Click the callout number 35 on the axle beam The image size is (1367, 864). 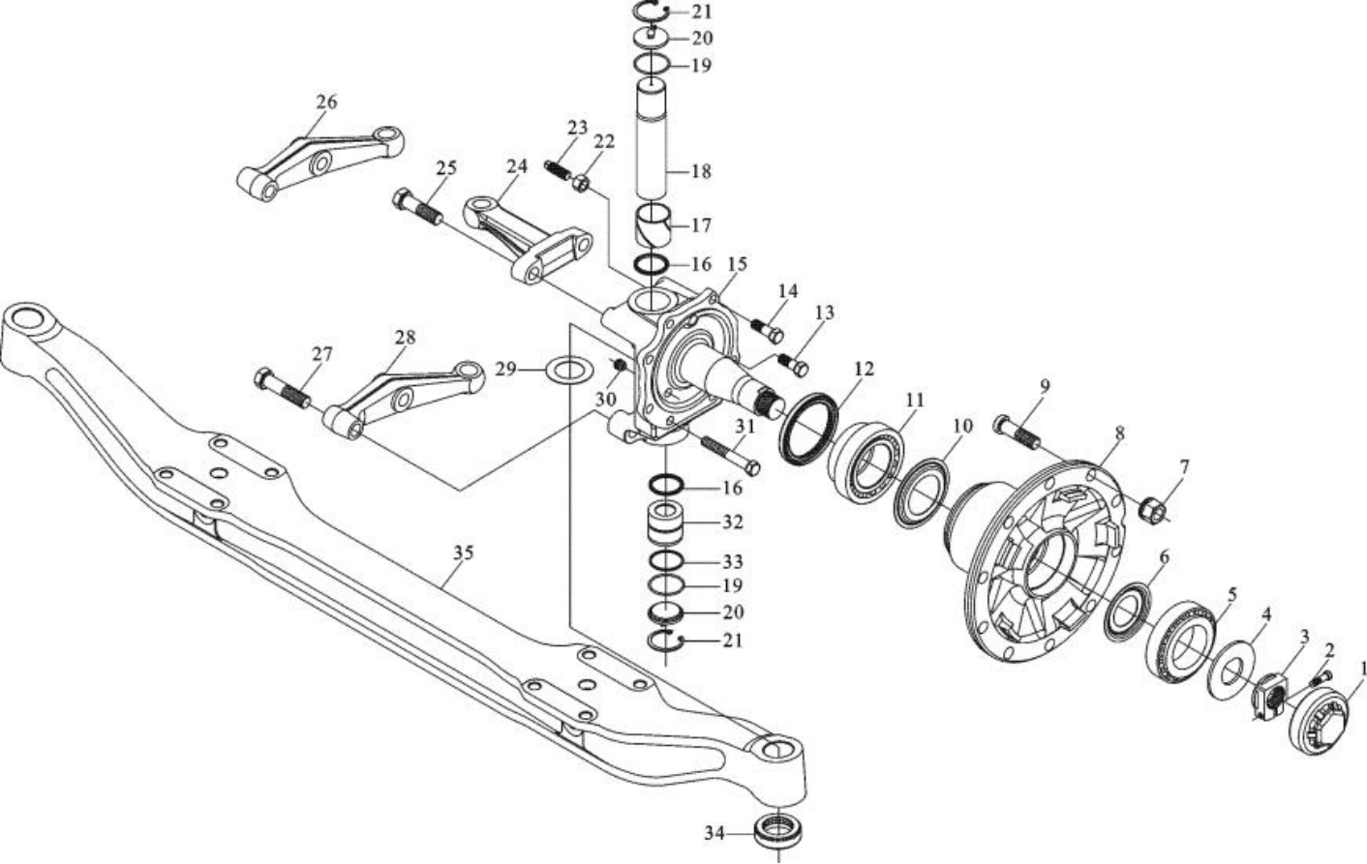464,552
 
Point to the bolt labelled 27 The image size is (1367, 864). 282,388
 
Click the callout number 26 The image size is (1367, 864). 326,102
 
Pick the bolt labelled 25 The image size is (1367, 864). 418,206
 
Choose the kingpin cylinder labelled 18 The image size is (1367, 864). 653,140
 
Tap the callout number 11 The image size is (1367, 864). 914,401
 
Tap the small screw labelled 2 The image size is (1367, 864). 1321,677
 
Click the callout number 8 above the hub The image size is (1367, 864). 1119,433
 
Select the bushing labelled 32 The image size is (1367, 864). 665,522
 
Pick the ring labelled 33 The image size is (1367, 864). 665,560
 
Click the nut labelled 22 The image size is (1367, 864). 582,182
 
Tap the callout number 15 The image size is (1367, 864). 737,264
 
